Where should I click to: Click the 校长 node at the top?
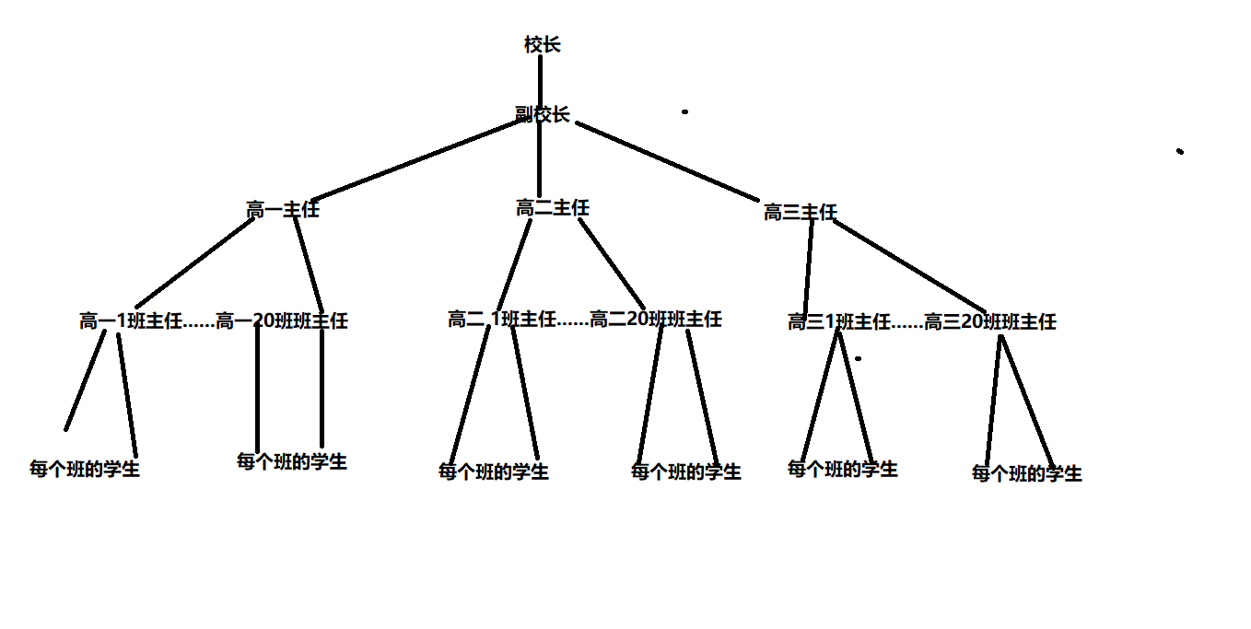pos(542,44)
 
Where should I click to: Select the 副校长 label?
pos(542,115)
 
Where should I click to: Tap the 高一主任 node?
pos(282,210)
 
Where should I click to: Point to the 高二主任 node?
pos(552,208)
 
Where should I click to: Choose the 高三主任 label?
pos(800,213)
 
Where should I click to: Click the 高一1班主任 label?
pos(131,321)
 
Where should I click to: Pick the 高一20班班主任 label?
pos(282,321)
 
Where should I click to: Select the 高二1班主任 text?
pos(502,320)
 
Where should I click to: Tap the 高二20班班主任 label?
pos(655,320)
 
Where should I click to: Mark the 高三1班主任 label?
pos(838,322)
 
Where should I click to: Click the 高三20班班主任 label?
pos(989,322)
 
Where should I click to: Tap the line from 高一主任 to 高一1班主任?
pos(193,262)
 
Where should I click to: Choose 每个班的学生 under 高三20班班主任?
pos(1026,473)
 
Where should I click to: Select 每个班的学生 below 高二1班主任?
pos(493,472)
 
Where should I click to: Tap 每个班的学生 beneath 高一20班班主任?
pos(291,461)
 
